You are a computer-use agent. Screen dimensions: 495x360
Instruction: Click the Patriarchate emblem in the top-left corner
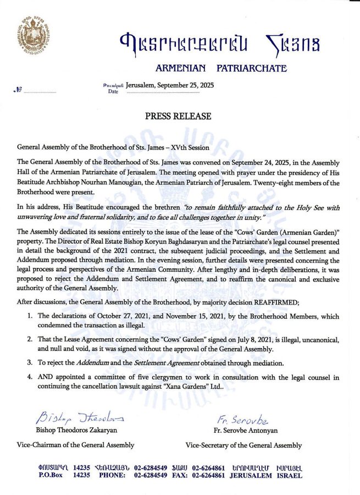pyautogui.click(x=36, y=34)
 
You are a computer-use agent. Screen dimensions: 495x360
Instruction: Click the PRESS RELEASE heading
pyautogui.click(x=179, y=116)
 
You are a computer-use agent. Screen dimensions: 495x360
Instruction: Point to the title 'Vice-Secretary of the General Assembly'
pyautogui.click(x=243, y=445)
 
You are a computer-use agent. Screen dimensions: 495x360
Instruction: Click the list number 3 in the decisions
pyautogui.click(x=29, y=362)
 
